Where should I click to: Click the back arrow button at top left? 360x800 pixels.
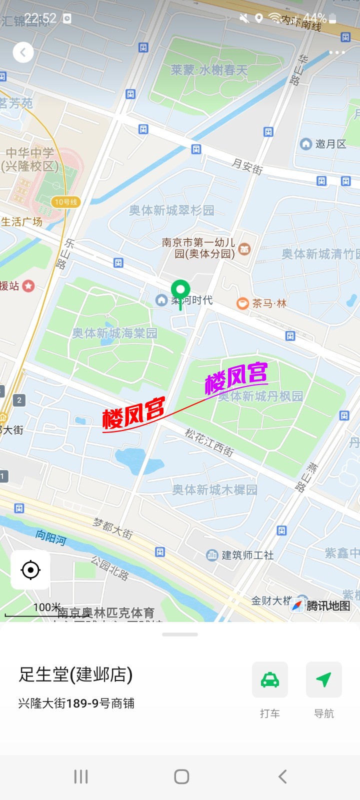[x=23, y=52]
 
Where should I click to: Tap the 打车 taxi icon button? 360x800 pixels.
[x=270, y=679]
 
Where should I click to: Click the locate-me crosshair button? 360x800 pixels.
[x=30, y=570]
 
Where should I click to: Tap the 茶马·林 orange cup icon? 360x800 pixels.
[x=242, y=303]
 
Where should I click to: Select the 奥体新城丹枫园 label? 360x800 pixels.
[x=261, y=396]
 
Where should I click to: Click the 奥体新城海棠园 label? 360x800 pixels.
[x=114, y=333]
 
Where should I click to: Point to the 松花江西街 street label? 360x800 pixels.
[x=209, y=442]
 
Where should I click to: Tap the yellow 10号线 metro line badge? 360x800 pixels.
[x=65, y=202]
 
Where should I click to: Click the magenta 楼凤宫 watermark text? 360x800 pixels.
[x=236, y=377]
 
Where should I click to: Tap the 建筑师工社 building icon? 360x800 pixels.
[x=212, y=554]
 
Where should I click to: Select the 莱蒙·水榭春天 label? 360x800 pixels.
[x=209, y=70]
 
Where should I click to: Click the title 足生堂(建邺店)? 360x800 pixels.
[x=75, y=674]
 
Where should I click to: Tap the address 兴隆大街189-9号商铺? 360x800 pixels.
[x=76, y=703]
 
